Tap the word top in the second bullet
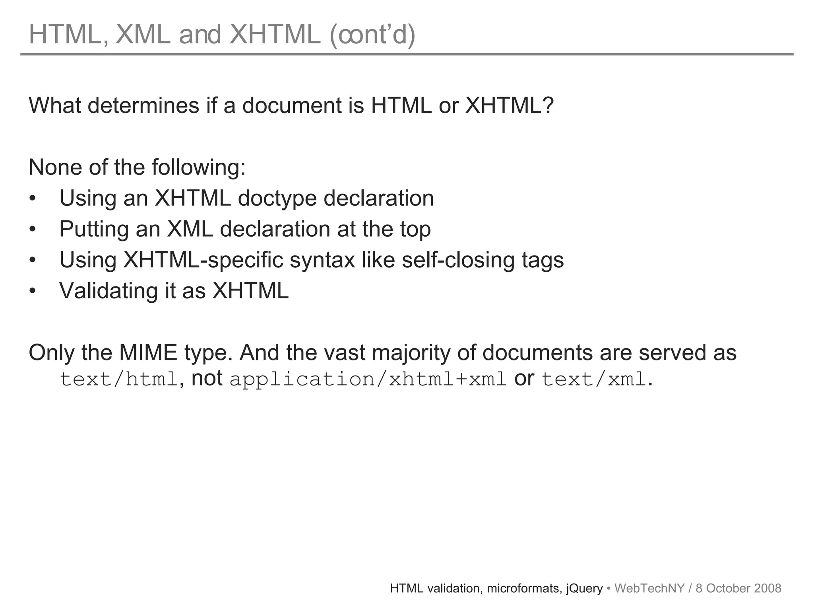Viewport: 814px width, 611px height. point(415,230)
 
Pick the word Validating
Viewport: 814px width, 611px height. point(109,291)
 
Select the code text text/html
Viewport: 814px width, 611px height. point(118,379)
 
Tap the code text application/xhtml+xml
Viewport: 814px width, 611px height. point(368,379)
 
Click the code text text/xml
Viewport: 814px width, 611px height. point(594,379)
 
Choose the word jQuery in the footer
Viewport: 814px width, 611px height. point(584,589)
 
